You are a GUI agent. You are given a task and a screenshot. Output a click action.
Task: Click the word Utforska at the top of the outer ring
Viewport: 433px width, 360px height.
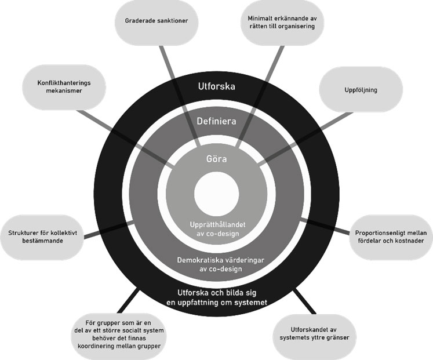click(216, 88)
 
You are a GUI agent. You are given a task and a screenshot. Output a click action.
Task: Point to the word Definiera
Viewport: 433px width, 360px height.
click(216, 122)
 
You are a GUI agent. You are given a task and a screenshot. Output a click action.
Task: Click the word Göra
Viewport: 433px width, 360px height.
click(216, 158)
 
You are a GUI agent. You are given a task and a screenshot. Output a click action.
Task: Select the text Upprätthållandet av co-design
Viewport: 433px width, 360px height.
click(216, 228)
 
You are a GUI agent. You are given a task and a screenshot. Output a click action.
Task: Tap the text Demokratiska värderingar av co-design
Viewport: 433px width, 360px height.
click(216, 264)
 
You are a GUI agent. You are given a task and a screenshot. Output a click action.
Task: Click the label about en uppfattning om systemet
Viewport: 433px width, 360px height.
click(216, 297)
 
